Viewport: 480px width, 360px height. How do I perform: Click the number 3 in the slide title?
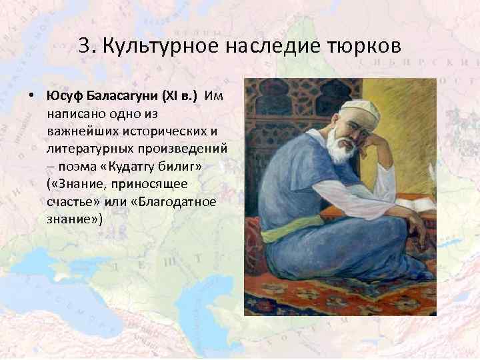[84, 46]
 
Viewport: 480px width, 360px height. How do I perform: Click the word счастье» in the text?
[73, 200]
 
